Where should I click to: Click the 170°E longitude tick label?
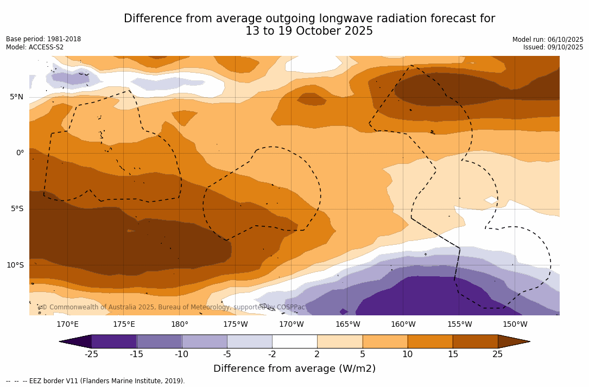tap(67, 325)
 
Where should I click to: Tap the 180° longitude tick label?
tap(180, 325)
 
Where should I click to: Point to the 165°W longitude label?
tap(347, 325)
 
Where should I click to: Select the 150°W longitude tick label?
tap(515, 325)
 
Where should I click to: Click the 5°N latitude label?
tap(16, 97)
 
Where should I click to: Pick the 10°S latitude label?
tap(15, 265)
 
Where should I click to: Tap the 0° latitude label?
tap(20, 153)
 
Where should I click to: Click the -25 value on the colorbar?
tap(91, 354)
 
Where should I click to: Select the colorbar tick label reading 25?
tap(497, 354)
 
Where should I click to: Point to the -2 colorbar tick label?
tap(272, 354)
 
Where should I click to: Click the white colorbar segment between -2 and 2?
tap(294, 341)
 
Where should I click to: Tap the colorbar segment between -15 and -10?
tap(159, 341)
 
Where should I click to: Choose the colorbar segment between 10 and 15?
tap(429, 341)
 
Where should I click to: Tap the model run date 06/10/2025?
tap(565, 40)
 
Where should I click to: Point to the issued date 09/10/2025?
tap(565, 47)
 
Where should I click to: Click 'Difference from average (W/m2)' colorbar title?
tap(294, 369)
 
